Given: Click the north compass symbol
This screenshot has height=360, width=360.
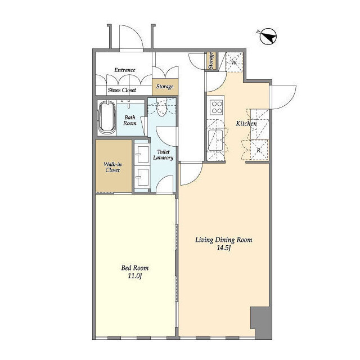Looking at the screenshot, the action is coord(268,36).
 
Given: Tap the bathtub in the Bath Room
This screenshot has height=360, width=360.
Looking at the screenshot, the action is coord(107,118).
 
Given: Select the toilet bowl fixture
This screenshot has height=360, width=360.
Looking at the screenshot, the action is coord(161,109).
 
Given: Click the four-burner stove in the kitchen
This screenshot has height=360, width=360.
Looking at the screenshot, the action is coord(217,107).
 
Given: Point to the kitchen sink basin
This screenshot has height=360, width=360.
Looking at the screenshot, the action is coord(215,140).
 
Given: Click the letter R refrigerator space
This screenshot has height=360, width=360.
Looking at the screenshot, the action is coord(259,150).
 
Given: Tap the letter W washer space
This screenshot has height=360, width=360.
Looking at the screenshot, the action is coord(234,62).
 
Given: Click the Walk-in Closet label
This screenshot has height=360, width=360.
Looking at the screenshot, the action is coord(112,167).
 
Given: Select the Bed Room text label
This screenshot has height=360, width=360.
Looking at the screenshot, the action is coord(135,268).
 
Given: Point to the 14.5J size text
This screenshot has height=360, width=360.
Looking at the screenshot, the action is coord(224,247).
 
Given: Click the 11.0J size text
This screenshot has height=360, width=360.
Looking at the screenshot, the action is coord(135,276).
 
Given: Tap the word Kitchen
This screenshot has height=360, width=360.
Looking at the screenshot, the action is coord(246,124).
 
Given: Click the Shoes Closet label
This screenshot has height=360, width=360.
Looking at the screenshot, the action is coord(122,90).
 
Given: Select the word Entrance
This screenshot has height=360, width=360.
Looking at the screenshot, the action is coord(125,70).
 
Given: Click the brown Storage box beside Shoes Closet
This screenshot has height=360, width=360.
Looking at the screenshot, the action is coord(165,87).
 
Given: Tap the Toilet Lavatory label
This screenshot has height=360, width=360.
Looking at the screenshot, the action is coord(163,155).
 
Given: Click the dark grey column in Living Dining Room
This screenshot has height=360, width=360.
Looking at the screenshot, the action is coord(261,322).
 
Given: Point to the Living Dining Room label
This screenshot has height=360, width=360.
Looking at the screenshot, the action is coord(224,240).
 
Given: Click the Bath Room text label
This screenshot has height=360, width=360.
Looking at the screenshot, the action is coord(130,120).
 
